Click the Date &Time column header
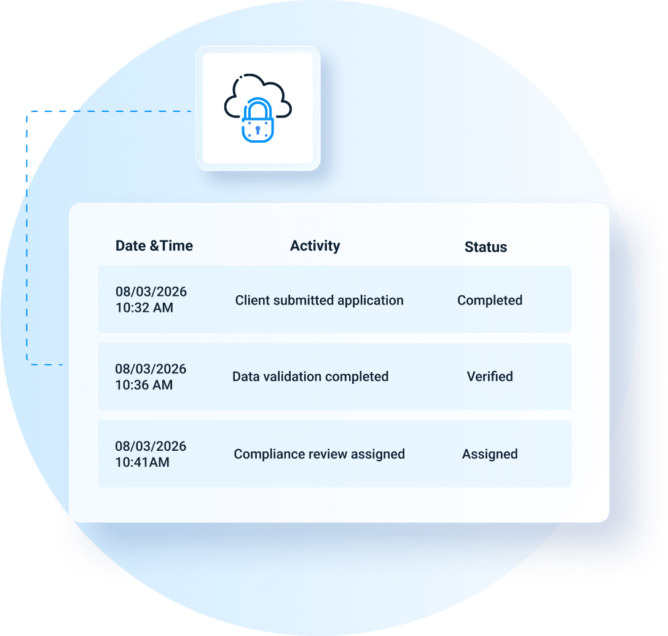154,245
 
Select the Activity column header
315,246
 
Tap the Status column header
485,247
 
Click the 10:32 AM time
144,308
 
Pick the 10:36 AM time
144,385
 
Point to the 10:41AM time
143,462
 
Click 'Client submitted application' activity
319,301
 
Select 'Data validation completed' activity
310,377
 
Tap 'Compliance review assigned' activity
319,455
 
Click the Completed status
490,301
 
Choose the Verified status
490,376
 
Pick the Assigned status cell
490,455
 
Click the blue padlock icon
257,120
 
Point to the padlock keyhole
257,129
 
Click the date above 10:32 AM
151,292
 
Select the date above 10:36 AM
151,368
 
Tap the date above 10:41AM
151,446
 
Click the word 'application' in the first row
370,301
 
